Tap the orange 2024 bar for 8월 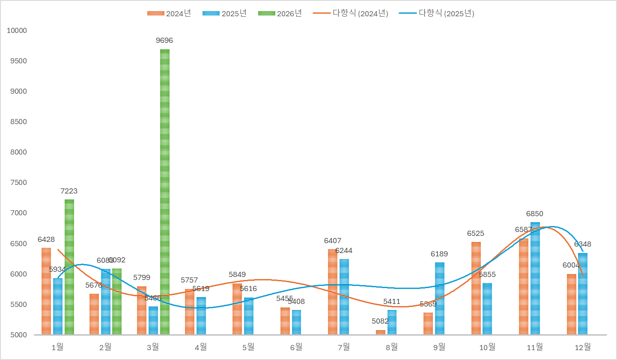pos(381,332)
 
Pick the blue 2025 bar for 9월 pos(440,298)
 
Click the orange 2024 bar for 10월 pos(476,288)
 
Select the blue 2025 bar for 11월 pos(535,278)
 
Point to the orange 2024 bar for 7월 pos(333,292)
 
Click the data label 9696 pos(164,40)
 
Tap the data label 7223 pos(69,191)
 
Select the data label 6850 pos(535,214)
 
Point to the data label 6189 pos(439,254)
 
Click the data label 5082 pos(380,321)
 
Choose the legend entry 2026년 pos(280,13)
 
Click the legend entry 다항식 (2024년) pos(351,13)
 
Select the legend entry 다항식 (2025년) pos(437,13)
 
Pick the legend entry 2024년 pos(169,13)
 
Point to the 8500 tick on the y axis pos(18,122)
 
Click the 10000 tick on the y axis pos(17,30)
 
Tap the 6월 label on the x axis pos(296,347)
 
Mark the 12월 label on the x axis pos(583,347)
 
